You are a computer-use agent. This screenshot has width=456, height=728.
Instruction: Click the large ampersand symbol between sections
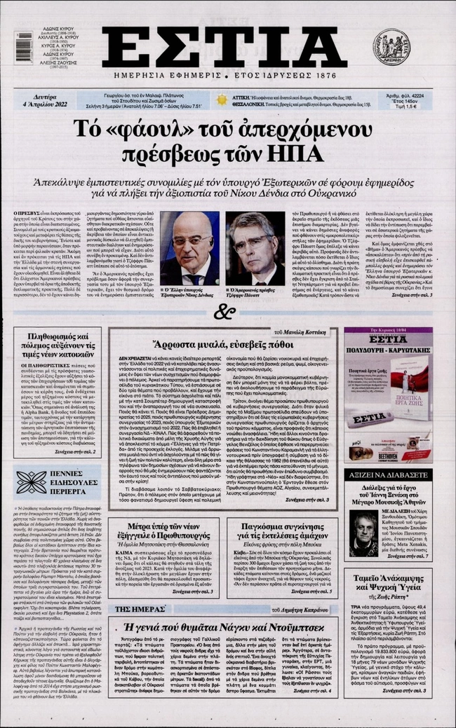[224, 313]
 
